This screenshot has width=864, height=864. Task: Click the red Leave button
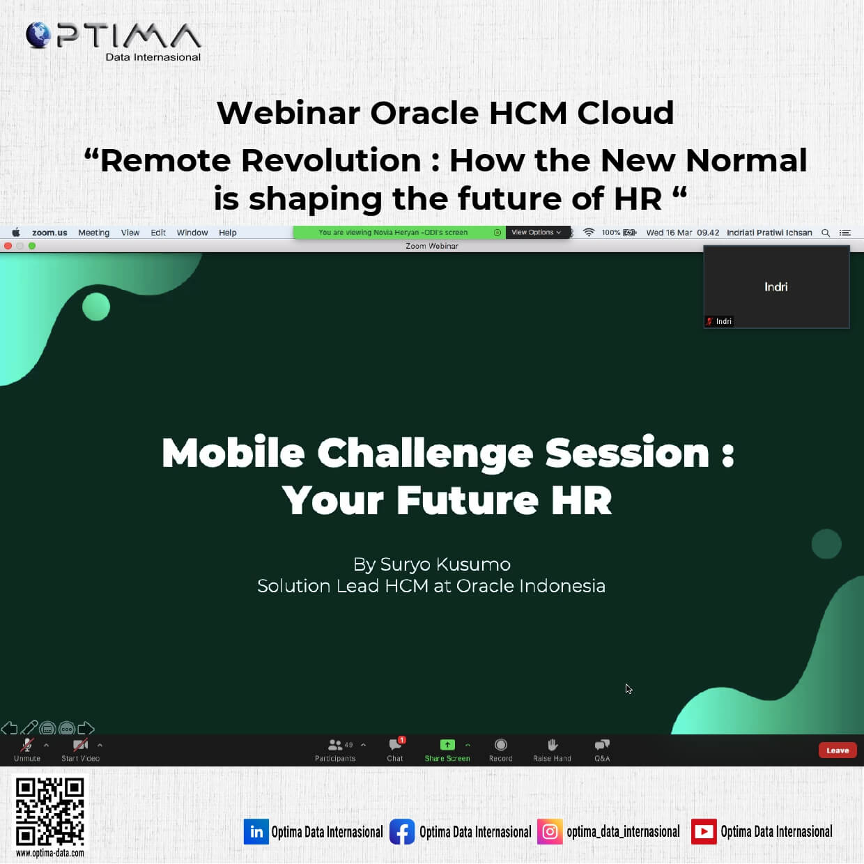[837, 750]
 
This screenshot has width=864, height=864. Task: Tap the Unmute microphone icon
[27, 745]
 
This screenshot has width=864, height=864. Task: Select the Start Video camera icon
[81, 745]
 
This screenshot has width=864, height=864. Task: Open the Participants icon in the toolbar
[335, 745]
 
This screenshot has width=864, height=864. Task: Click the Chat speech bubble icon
[395, 745]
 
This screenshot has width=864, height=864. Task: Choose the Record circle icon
[500, 745]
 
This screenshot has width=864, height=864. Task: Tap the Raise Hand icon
[552, 745]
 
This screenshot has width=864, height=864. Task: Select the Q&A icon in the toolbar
[602, 745]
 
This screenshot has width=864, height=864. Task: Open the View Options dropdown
[537, 232]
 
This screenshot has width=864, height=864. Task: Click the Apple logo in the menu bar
[16, 232]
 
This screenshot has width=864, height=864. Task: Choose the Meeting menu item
[93, 233]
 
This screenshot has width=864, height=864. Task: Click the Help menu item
[227, 233]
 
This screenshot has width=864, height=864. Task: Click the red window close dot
[8, 246]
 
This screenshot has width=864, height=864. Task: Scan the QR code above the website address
[49, 812]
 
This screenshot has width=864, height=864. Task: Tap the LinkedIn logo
[256, 832]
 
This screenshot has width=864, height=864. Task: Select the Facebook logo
[402, 832]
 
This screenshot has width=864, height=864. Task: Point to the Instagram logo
[550, 832]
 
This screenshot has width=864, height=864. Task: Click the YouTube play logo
[704, 832]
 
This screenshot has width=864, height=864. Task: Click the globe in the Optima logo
[38, 35]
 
